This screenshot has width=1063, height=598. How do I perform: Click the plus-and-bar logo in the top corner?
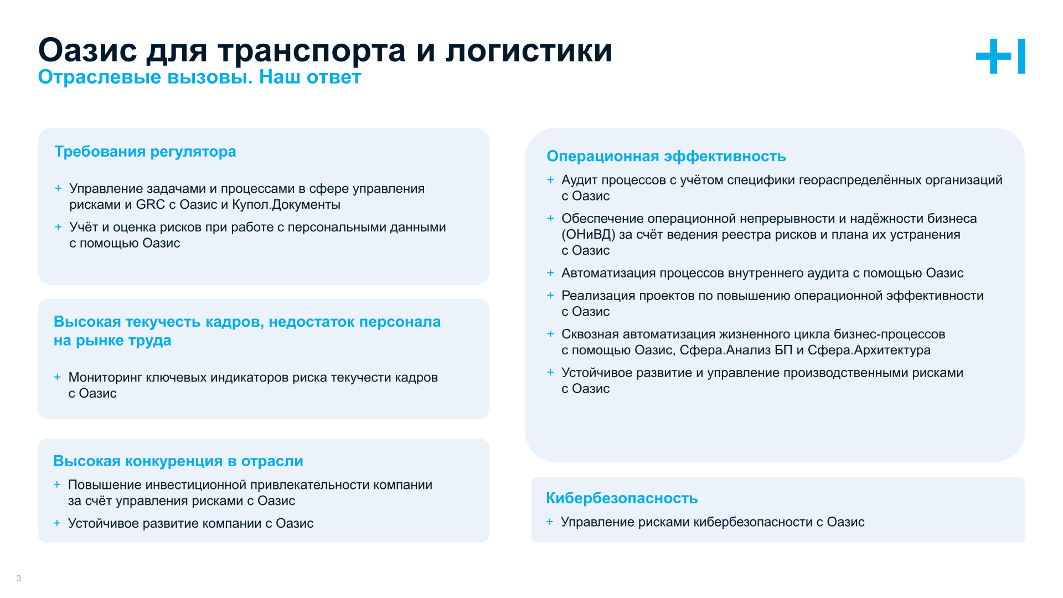1000,56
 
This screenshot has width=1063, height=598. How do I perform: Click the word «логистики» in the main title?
529,50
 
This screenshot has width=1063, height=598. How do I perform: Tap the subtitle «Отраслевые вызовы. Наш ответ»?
199,77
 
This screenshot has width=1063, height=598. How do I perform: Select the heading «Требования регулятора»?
145,151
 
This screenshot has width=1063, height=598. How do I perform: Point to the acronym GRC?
150,204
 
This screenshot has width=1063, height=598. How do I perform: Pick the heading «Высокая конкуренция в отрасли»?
178,461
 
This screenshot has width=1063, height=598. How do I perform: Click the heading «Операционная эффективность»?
666,156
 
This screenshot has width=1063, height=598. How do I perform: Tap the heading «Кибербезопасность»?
621,498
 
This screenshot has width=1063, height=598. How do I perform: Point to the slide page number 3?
19,578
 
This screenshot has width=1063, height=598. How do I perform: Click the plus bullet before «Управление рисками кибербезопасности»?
550,522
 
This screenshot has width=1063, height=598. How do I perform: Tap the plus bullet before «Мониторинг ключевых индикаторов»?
57,377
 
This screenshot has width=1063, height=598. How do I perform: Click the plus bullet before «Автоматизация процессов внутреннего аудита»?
550,273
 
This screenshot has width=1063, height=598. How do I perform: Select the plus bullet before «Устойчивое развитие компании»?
56,523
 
